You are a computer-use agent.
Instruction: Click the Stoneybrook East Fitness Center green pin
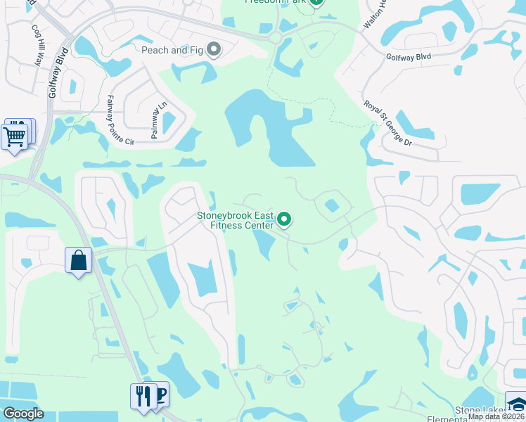(x=284, y=219)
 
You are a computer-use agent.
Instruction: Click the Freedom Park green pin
(x=316, y=2)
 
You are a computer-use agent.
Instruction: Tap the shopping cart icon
(x=15, y=136)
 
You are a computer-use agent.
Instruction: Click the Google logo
(x=23, y=414)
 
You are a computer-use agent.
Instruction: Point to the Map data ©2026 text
(x=496, y=416)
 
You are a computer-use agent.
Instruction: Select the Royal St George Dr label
(x=388, y=124)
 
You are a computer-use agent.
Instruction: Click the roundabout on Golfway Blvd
(x=275, y=38)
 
